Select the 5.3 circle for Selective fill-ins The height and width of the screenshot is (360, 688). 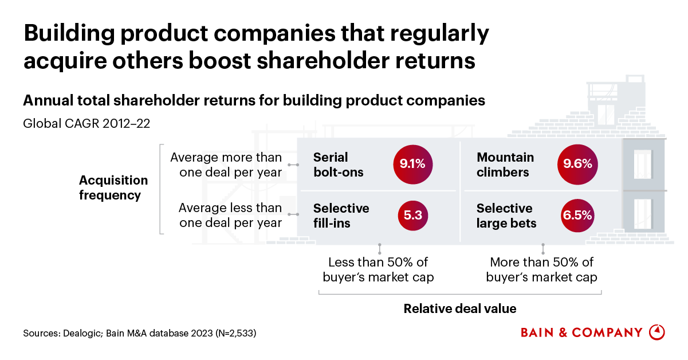click(413, 216)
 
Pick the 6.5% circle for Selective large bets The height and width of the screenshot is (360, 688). click(577, 216)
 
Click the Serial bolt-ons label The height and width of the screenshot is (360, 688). click(339, 165)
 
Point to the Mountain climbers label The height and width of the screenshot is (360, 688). click(505, 165)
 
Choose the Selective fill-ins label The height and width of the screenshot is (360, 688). click(341, 216)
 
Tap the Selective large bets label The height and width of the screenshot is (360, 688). click(506, 216)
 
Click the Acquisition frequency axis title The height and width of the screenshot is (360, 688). click(113, 187)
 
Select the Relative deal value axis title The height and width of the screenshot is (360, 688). click(460, 309)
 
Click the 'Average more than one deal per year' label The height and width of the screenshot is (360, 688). click(226, 165)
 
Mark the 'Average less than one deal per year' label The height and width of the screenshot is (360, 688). click(230, 215)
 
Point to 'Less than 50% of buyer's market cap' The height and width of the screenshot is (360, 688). click(380, 270)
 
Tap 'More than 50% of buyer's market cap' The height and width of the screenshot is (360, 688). click(542, 270)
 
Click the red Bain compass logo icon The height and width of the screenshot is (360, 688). click(656, 332)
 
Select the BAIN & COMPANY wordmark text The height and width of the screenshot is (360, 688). click(581, 332)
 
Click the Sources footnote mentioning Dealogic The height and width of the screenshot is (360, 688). click(139, 333)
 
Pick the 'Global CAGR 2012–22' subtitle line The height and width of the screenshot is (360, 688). click(86, 123)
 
